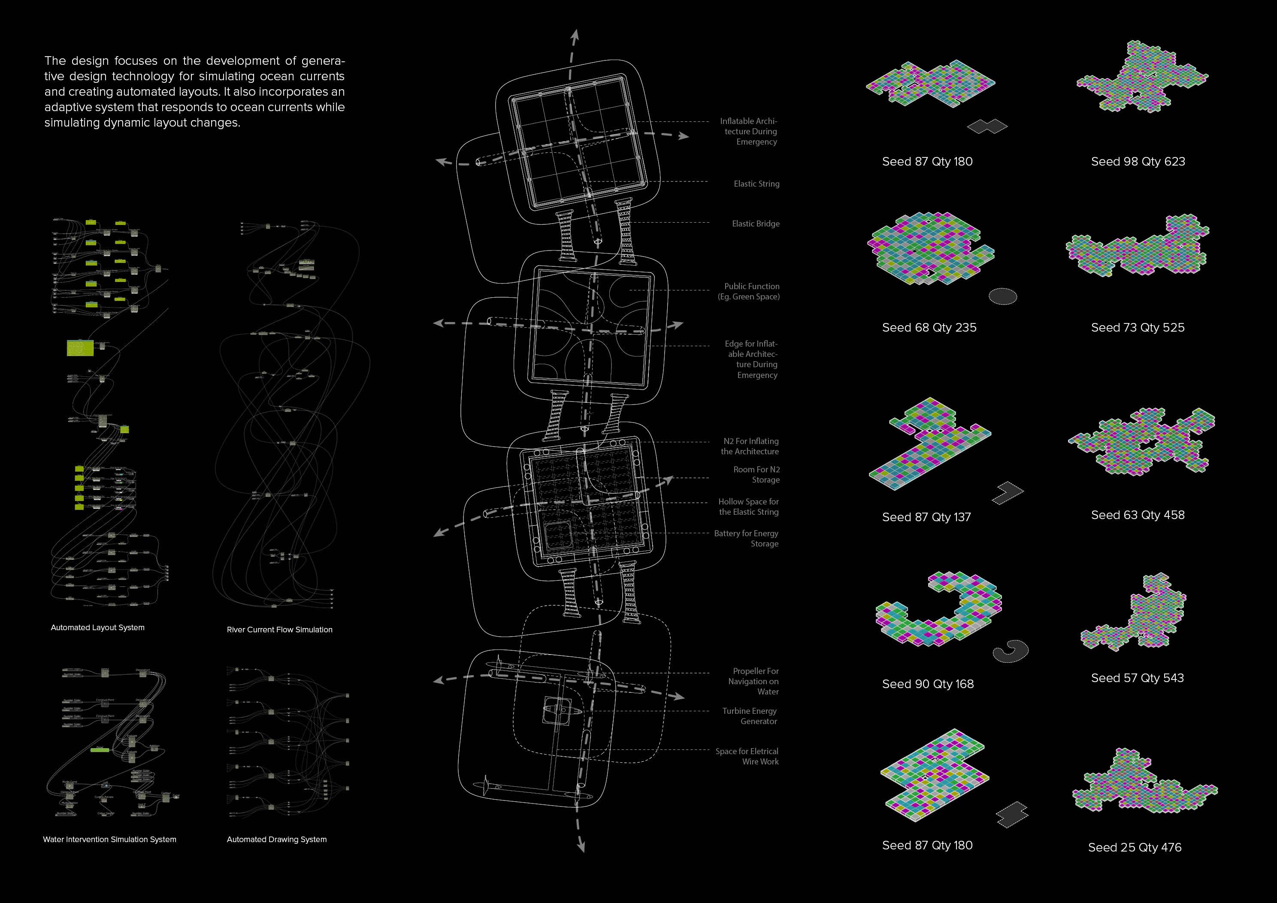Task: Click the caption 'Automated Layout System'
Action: (97, 627)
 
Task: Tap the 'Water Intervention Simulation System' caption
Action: (109, 839)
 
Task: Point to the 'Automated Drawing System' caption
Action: (276, 839)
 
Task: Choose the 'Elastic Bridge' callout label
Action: (755, 223)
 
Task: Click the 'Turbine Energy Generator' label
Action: (750, 716)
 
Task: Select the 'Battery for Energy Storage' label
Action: (746, 538)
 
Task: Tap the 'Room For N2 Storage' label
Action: (757, 474)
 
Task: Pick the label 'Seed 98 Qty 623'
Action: (1138, 161)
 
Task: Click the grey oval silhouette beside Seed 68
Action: (1002, 296)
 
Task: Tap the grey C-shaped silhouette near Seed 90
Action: (1011, 651)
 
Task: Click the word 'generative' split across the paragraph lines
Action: (323, 61)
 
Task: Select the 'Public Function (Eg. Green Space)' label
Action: (749, 291)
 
